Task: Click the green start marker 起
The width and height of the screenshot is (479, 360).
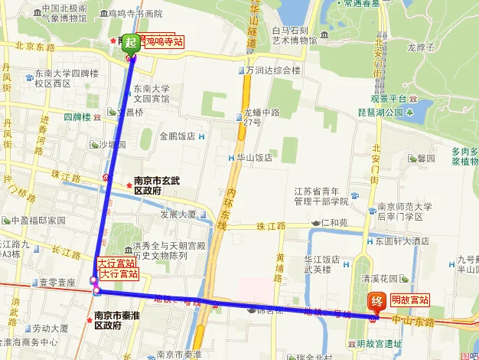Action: pyautogui.click(x=131, y=43)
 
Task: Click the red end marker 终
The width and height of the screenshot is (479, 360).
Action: pyautogui.click(x=376, y=302)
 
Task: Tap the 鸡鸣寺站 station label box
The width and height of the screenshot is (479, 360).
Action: pyautogui.click(x=164, y=42)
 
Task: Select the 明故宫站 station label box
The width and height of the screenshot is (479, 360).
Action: pyautogui.click(x=410, y=299)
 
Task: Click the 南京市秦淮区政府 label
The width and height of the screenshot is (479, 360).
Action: pyautogui.click(x=119, y=319)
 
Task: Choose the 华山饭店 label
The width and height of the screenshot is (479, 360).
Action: pyautogui.click(x=255, y=158)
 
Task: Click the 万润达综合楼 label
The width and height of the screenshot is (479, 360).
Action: pyautogui.click(x=273, y=70)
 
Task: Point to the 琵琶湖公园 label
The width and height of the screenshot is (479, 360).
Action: pyautogui.click(x=380, y=113)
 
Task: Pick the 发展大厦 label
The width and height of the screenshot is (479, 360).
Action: pyautogui.click(x=177, y=214)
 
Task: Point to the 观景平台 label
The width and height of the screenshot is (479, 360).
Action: pyautogui.click(x=386, y=99)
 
